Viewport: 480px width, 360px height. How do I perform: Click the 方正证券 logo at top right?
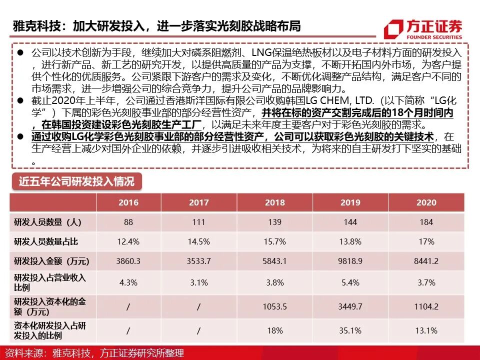point(423,29)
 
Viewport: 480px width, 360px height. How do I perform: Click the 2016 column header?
point(128,202)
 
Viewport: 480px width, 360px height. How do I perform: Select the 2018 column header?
point(274,202)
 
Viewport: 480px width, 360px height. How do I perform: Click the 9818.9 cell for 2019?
point(350,261)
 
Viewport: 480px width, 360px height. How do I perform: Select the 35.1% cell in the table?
point(350,330)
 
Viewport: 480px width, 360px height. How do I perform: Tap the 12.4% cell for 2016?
point(128,241)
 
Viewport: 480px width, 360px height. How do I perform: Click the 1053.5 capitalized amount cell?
point(274,306)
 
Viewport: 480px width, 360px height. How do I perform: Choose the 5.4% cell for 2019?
point(350,282)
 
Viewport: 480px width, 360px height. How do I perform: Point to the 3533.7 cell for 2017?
point(198,261)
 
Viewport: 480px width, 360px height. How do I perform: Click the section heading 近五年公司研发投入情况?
point(76,181)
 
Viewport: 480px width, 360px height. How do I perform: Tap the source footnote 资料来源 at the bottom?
point(92,353)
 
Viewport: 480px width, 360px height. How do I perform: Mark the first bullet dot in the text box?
point(20,53)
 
